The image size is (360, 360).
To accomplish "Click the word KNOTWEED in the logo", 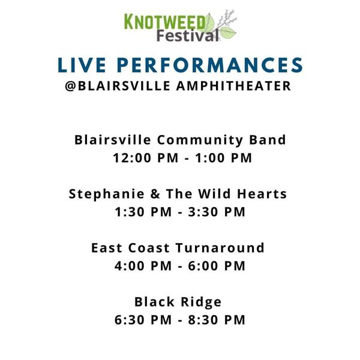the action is click(x=164, y=22).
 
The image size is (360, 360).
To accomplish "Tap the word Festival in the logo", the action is click(x=187, y=36).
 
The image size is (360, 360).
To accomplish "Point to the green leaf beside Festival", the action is click(x=228, y=33).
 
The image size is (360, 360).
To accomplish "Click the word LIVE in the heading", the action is click(x=82, y=65).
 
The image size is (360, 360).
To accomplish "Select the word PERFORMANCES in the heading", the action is click(x=210, y=65).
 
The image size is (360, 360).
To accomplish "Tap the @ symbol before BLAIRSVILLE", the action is click(x=71, y=86).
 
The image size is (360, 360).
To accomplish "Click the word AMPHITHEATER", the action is click(x=234, y=86).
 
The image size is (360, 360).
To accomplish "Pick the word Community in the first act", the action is click(x=200, y=140).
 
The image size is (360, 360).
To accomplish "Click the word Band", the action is click(x=268, y=140).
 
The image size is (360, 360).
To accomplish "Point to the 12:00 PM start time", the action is click(x=146, y=158).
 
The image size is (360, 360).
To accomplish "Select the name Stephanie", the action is click(x=107, y=194).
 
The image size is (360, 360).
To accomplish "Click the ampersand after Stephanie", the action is click(x=155, y=194).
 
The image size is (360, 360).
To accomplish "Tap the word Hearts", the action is click(x=262, y=194).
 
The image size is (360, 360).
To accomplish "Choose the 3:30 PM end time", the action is click(x=217, y=212).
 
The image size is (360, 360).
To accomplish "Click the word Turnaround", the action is click(x=220, y=248).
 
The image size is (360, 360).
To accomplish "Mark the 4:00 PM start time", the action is click(x=143, y=266).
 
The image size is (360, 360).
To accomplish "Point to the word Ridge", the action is click(x=201, y=302).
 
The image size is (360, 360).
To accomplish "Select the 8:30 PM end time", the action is click(x=217, y=320).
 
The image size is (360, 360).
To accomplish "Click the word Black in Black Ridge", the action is click(x=154, y=302).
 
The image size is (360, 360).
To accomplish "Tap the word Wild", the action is click(x=214, y=194).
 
